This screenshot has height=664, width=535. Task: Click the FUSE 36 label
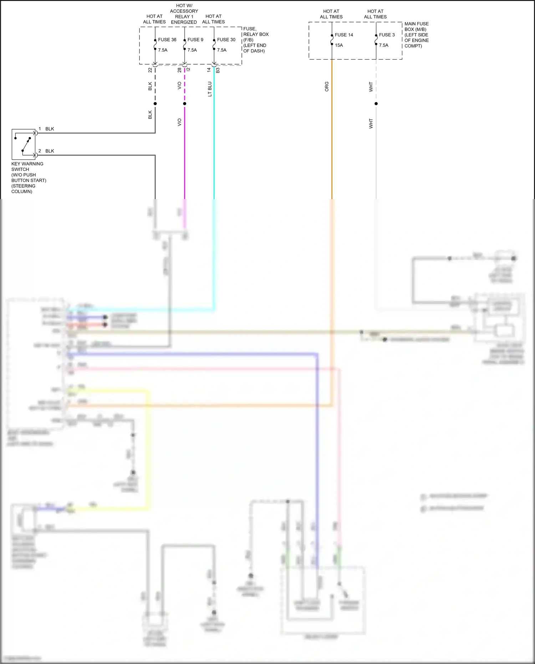pyautogui.click(x=167, y=40)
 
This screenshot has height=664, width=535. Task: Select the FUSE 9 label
pyautogui.click(x=195, y=40)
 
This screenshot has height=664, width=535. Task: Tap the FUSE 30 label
pyautogui.click(x=226, y=40)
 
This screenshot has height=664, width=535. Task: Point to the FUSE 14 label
pyautogui.click(x=344, y=35)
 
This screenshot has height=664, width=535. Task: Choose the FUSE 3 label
pyautogui.click(x=387, y=35)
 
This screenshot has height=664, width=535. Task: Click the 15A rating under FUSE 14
pyautogui.click(x=339, y=45)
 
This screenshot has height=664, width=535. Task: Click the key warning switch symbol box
pyautogui.click(x=24, y=144)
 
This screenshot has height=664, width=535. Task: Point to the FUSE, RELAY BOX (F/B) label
pyautogui.click(x=255, y=40)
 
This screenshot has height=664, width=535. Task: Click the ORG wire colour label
pyautogui.click(x=327, y=87)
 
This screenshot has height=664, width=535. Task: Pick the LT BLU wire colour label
pyautogui.click(x=210, y=89)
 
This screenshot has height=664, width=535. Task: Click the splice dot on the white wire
pyautogui.click(x=376, y=104)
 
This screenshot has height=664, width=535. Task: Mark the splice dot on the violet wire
pyautogui.click(x=184, y=104)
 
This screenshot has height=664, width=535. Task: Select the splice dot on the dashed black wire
pyautogui.click(x=155, y=104)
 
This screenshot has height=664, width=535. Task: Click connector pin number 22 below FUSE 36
pyautogui.click(x=150, y=70)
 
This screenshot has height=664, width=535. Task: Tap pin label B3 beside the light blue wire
pyautogui.click(x=218, y=71)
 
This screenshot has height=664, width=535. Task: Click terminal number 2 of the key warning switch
pyautogui.click(x=40, y=151)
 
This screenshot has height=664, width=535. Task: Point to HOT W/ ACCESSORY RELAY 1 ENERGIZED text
pyautogui.click(x=184, y=14)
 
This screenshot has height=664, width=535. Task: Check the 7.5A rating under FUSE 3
pyautogui.click(x=383, y=45)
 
